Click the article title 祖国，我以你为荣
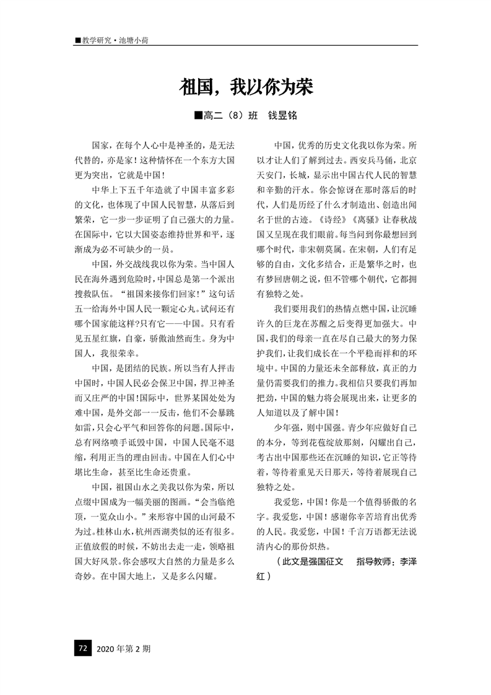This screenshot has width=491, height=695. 246,87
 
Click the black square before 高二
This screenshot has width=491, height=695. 198,116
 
